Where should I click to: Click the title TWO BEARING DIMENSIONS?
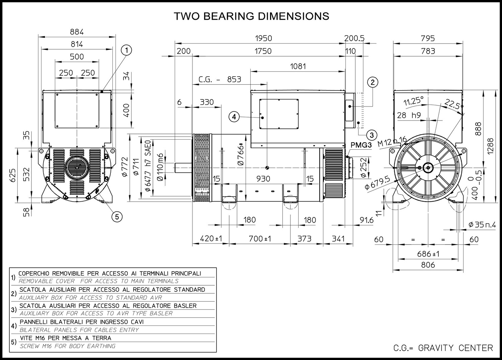251,16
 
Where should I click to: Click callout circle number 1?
126,51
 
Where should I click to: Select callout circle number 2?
372,82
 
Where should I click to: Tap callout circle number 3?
371,135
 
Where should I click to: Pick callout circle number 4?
234,117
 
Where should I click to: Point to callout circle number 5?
117,217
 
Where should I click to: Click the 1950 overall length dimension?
263,38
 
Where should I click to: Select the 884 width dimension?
77,32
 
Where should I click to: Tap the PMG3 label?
361,145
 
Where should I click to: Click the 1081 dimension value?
298,66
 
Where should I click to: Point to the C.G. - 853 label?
220,79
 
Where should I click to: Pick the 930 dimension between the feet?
263,179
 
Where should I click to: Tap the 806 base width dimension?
428,265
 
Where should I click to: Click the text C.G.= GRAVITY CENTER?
443,348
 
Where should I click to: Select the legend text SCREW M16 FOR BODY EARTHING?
68,346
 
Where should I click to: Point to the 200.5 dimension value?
354,38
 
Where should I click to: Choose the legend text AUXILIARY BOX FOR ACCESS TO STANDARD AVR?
90,297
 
